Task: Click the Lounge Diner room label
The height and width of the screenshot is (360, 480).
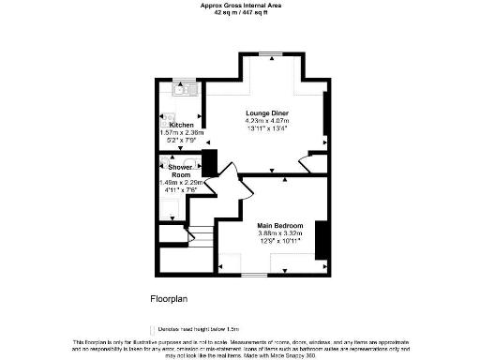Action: coord(267,112)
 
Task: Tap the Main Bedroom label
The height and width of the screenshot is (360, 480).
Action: coord(280,225)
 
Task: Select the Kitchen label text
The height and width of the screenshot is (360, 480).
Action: coord(181,125)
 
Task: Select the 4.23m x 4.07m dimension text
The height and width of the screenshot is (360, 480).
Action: coord(267,121)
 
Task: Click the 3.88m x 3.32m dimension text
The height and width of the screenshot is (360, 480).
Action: coord(280,233)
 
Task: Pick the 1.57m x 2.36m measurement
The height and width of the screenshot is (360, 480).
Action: coord(181,133)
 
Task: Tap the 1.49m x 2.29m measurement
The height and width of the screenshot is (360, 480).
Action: coord(181,183)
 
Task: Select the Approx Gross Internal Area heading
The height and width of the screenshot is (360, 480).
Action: coord(239,5)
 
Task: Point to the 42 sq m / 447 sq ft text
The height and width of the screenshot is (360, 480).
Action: coord(239,12)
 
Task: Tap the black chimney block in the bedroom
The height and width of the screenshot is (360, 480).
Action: coord(321,238)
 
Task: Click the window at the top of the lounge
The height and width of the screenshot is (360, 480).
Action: coord(272,54)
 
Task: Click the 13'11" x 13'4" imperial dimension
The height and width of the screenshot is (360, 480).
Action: coord(267,129)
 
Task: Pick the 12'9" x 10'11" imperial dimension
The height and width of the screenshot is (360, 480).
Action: coord(280,242)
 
